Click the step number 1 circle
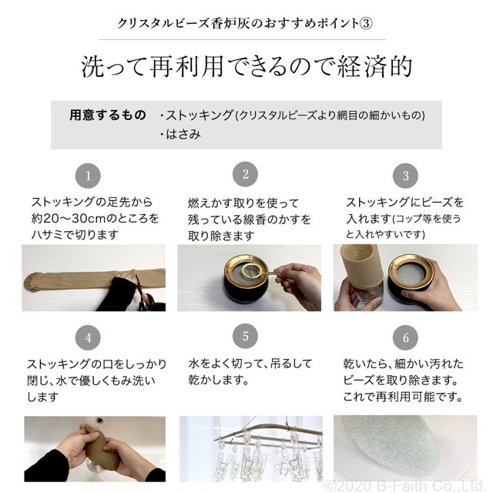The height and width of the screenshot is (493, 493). pos(88,176)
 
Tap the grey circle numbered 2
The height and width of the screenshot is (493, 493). pos(245,174)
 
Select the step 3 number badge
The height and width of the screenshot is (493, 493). pos(406,176)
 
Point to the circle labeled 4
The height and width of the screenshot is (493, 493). pos(88,337)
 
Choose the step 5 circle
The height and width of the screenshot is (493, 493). pos(245,336)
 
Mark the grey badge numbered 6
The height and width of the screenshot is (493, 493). pos(406,337)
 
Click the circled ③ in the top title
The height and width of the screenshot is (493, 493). pos(366,23)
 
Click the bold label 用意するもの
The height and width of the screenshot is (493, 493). pos(108,115)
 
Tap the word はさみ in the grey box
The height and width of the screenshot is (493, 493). pos(183,135)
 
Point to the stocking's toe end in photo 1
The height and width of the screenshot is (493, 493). pos(32,282)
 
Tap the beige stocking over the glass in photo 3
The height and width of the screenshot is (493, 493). pos(361,267)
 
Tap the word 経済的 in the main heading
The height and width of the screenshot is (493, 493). pos(375,66)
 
